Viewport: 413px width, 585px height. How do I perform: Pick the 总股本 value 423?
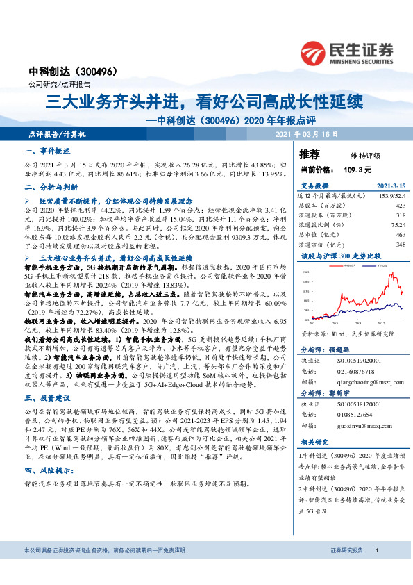(x=399, y=206)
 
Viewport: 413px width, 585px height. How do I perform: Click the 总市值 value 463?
(x=399, y=234)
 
